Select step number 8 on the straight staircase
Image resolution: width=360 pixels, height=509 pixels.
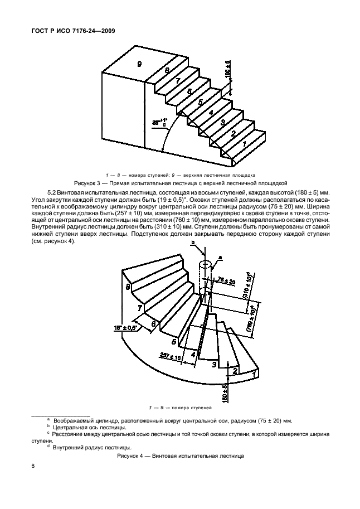[167, 71]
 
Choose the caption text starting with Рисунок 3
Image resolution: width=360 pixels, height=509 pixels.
[181, 182]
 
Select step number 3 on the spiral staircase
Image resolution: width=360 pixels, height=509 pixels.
[213, 365]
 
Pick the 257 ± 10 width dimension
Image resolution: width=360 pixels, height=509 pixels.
[171, 355]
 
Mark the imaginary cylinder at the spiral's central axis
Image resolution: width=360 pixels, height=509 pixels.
[205, 273]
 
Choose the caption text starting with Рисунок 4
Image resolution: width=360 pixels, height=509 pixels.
[181, 455]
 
